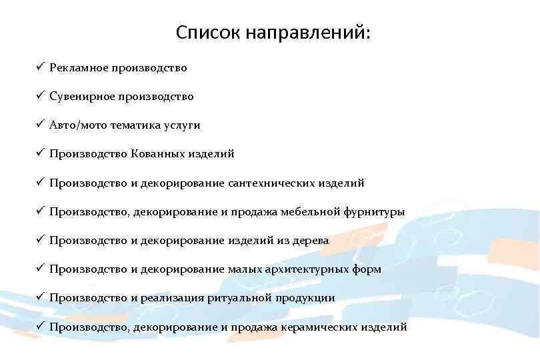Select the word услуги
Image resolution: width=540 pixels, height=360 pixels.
tap(181, 125)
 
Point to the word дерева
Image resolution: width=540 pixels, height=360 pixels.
tap(309, 241)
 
